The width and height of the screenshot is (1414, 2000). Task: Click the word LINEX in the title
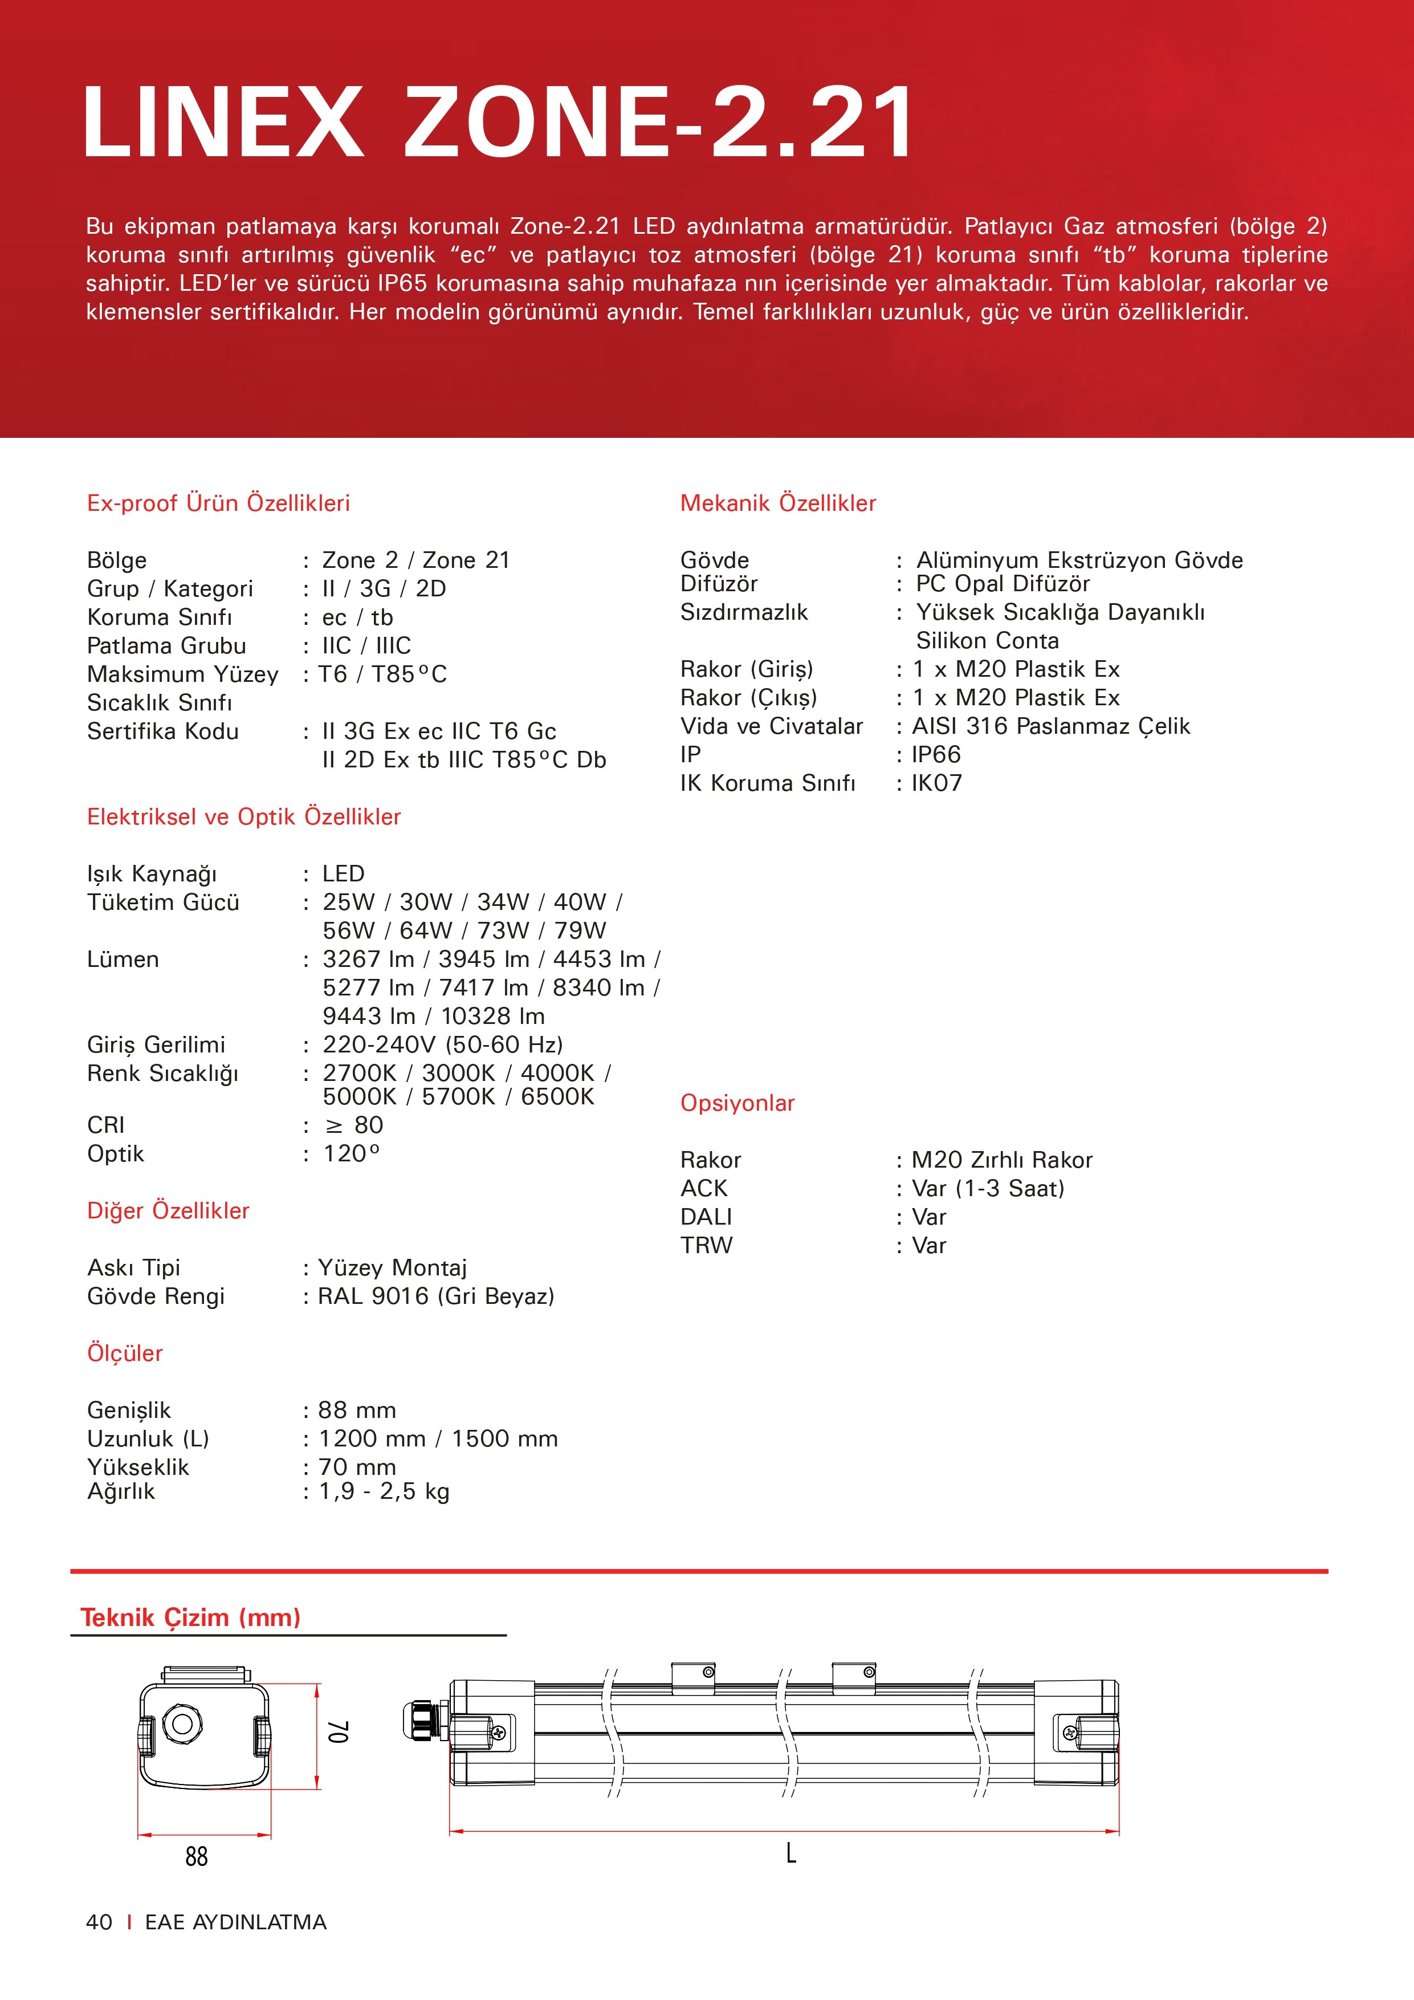click(x=222, y=122)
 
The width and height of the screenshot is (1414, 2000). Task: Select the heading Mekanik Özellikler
click(x=777, y=503)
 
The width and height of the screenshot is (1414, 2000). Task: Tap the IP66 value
click(x=936, y=754)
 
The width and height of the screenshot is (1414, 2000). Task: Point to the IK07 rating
click(x=937, y=783)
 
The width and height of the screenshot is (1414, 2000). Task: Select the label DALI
click(x=706, y=1217)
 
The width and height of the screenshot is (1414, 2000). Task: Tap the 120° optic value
click(x=352, y=1153)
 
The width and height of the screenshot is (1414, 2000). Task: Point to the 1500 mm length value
click(x=504, y=1438)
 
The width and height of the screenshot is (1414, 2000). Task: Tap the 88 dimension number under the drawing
click(x=197, y=1856)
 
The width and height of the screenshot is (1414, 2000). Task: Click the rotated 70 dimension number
click(x=339, y=1731)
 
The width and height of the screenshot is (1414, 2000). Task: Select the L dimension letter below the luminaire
click(x=790, y=1853)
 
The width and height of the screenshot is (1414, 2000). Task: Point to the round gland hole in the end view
click(x=182, y=1722)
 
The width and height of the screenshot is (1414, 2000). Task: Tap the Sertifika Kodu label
click(x=163, y=731)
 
